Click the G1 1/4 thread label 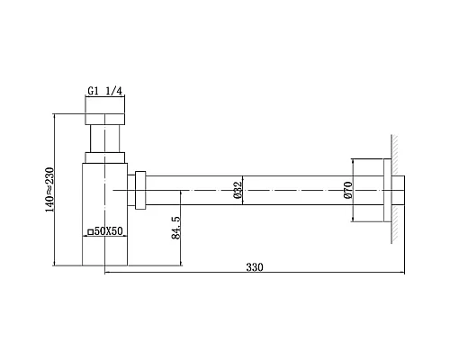point(106,90)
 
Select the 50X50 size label point(106,231)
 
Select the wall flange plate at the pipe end point(386,190)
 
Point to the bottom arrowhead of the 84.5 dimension point(184,266)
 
